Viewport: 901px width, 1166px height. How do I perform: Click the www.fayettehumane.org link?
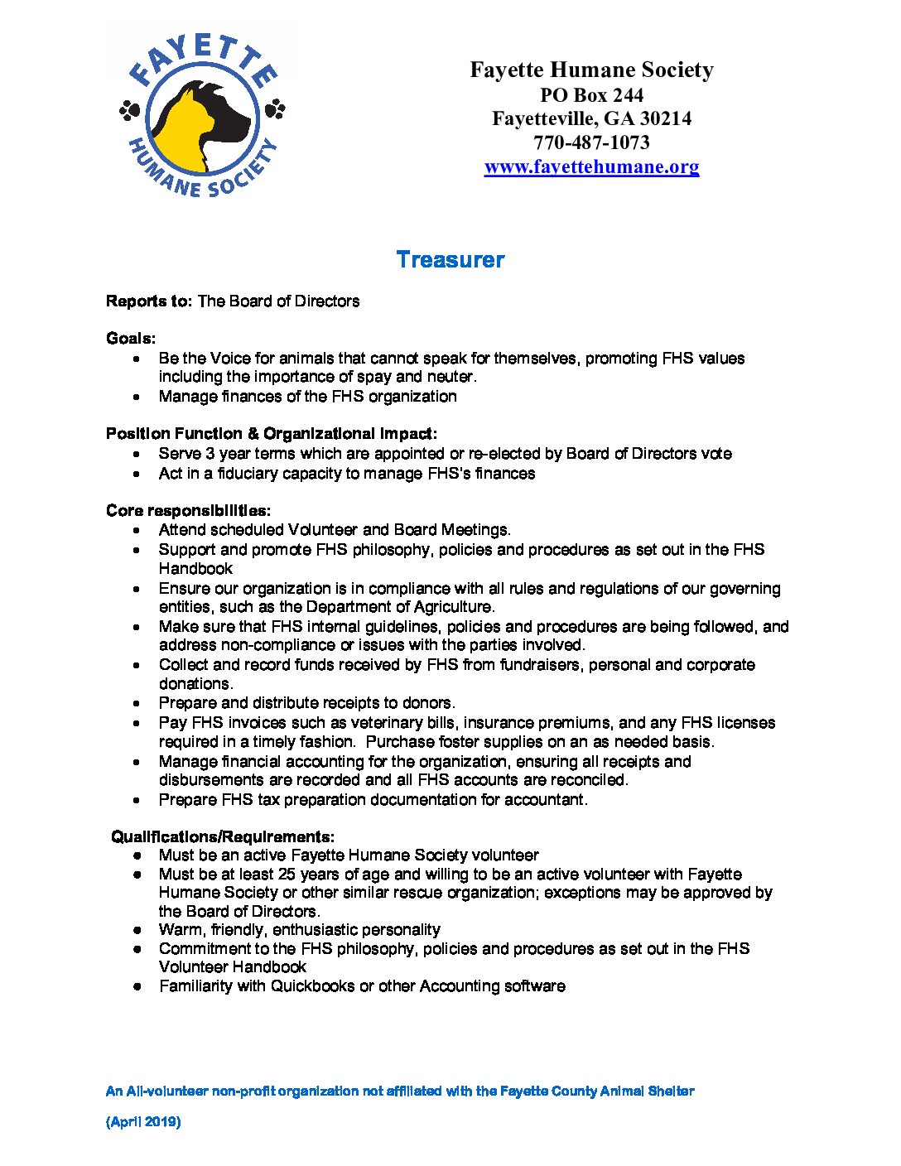click(x=591, y=166)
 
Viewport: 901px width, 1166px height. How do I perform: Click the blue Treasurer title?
click(x=450, y=259)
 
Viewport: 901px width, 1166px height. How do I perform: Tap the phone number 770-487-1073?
click(x=591, y=142)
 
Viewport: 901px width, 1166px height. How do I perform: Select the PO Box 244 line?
click(x=591, y=95)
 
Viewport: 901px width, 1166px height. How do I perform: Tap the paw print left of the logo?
click(x=129, y=110)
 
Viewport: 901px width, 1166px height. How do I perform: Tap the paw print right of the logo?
click(x=275, y=108)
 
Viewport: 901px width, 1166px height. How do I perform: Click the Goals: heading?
click(x=131, y=338)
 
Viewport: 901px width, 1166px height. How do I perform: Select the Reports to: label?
click(x=148, y=301)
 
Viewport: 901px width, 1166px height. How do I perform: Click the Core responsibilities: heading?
click(x=188, y=510)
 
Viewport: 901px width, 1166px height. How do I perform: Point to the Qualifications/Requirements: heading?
click(x=223, y=836)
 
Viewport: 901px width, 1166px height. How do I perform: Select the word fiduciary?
click(x=251, y=474)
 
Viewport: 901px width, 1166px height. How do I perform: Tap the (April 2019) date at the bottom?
click(x=143, y=1122)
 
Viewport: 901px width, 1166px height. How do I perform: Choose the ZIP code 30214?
click(x=665, y=118)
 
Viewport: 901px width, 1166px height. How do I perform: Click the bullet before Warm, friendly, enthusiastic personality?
click(x=137, y=930)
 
